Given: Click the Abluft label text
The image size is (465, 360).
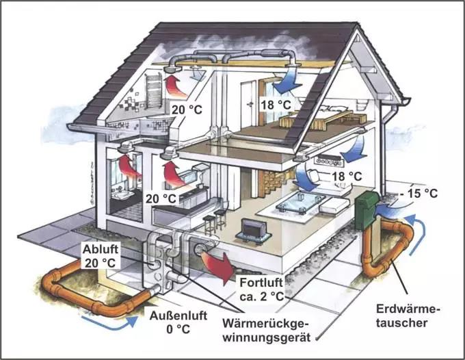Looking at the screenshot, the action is tap(101, 249).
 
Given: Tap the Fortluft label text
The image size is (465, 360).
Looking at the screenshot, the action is tap(261, 282).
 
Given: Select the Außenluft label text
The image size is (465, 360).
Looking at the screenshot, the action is tap(178, 316).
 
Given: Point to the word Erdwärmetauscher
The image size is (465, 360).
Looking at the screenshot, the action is tap(408, 316).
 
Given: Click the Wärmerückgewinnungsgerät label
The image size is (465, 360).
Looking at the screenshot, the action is tap(266, 331).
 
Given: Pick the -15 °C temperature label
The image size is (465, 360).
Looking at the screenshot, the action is tap(418, 194).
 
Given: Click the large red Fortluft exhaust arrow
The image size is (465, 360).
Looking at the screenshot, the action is tap(218, 265).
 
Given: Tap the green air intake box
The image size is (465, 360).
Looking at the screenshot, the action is tap(367, 210).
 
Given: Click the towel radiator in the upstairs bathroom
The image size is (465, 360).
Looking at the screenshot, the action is tap(154, 90).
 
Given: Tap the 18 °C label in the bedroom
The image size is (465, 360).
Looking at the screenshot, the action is tap(276, 105).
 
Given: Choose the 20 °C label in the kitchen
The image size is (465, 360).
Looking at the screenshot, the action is tap(161, 198).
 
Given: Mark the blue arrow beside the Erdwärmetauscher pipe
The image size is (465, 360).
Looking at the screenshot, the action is tap(418, 235).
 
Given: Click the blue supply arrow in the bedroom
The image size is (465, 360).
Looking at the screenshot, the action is tap(286, 81).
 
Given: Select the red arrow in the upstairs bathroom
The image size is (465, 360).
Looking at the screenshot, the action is tap(176, 87).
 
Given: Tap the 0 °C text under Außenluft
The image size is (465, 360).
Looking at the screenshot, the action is tap(178, 329).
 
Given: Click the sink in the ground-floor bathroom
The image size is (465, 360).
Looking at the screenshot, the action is tap(123, 194).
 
